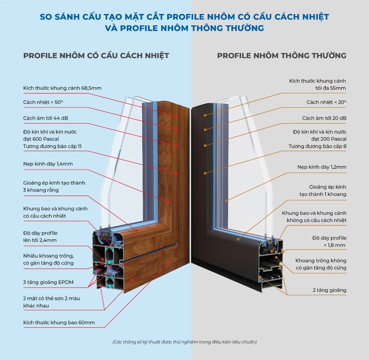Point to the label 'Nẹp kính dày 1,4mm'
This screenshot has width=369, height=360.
48,164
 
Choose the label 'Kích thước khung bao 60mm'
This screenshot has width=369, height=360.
58,322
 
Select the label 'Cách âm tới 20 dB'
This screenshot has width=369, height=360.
324,118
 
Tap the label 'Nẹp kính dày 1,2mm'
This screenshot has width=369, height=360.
321,167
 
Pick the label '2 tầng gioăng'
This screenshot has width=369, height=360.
329,290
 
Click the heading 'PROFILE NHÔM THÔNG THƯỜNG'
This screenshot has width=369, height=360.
282,55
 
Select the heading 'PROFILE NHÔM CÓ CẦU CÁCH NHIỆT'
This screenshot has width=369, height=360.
96,55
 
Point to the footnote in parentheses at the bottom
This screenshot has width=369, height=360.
184,342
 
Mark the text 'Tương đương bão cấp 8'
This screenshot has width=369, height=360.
317,146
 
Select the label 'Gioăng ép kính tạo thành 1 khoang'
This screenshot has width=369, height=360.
326,190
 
